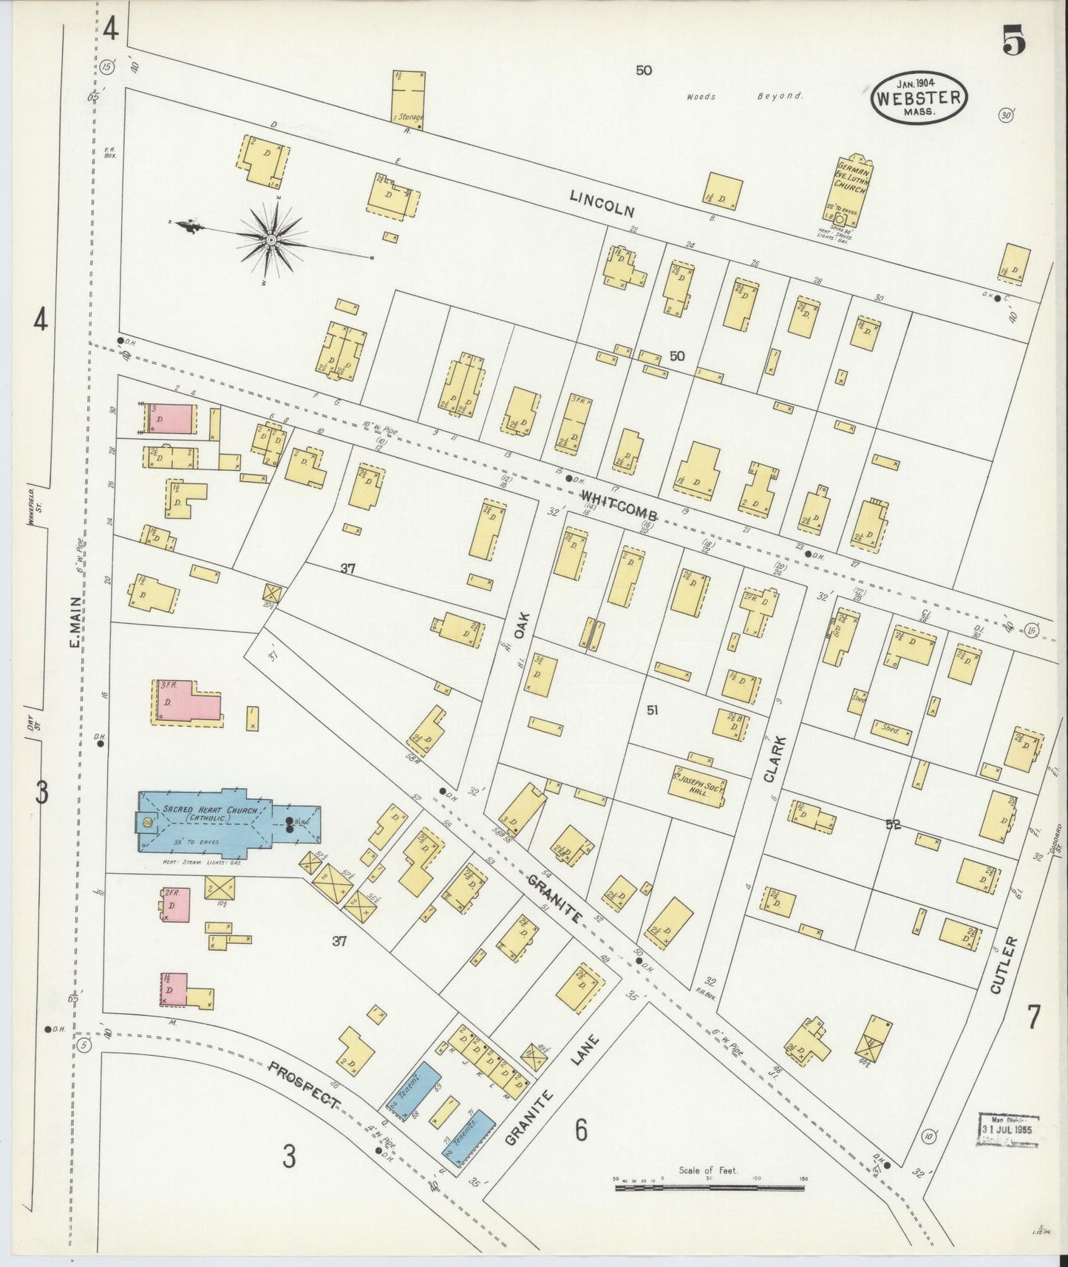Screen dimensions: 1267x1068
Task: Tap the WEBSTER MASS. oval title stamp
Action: coord(919,98)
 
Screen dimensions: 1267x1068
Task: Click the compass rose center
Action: coord(271,240)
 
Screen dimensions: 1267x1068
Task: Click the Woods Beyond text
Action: coord(743,96)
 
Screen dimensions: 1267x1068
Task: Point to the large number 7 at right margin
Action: coord(1033,1017)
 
